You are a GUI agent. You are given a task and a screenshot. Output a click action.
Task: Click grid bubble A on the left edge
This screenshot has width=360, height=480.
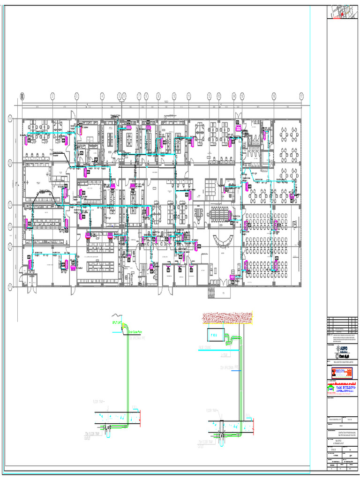[10, 120]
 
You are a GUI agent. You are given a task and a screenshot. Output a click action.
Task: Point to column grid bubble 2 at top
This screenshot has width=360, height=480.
[52, 96]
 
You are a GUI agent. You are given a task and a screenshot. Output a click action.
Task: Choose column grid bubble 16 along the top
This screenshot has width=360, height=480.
[273, 96]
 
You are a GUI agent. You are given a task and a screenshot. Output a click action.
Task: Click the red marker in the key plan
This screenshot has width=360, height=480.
[343, 15]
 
